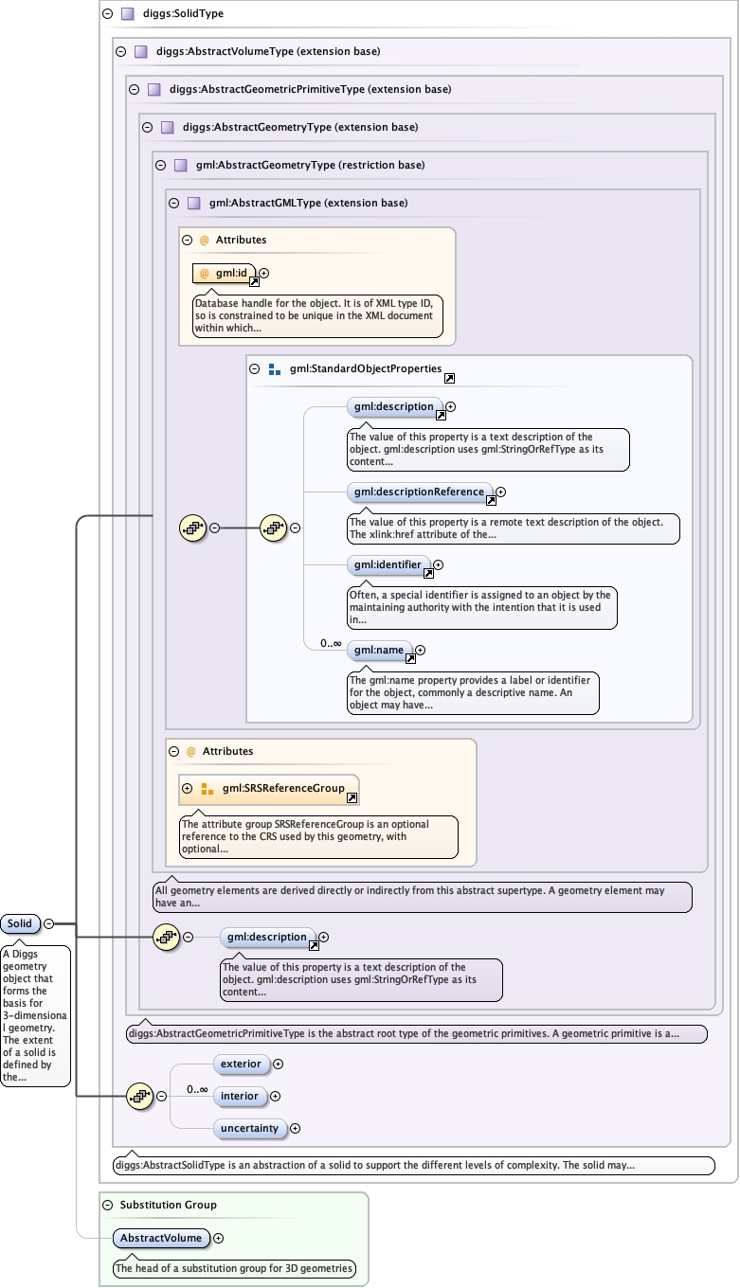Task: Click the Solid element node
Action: (x=20, y=923)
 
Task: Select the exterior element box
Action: (x=241, y=1064)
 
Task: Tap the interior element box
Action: (x=239, y=1096)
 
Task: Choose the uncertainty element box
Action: (x=249, y=1128)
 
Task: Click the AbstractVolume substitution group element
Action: (x=160, y=1238)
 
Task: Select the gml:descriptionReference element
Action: (x=419, y=492)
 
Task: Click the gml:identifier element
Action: (x=387, y=564)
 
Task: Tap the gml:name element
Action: (x=379, y=651)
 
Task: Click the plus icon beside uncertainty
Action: (x=295, y=1128)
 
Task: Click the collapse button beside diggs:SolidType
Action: (x=108, y=14)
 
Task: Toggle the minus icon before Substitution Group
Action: (x=108, y=1205)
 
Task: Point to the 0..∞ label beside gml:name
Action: (x=331, y=643)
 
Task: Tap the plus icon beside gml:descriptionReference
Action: (x=501, y=492)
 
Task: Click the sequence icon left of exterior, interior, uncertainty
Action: (x=139, y=1096)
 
